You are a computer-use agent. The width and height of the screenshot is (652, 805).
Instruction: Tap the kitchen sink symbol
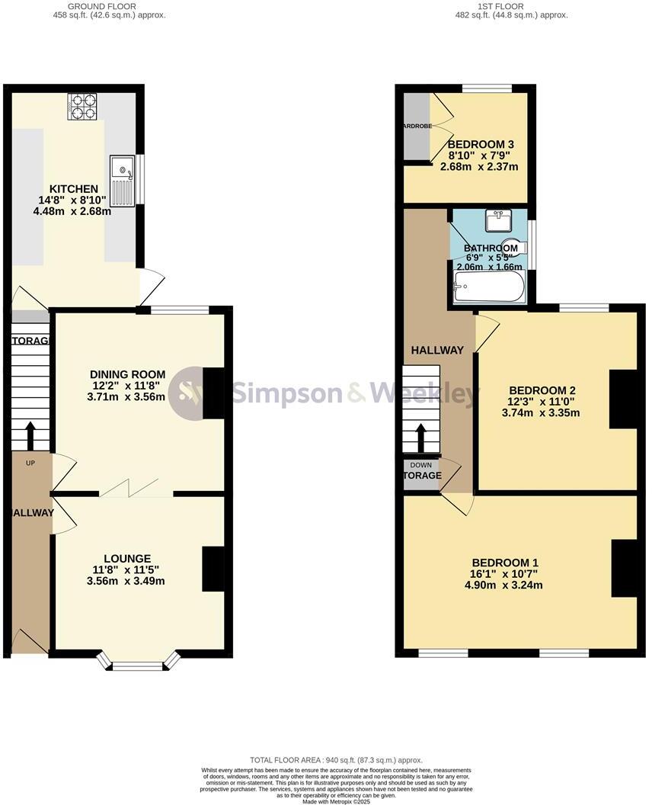122,181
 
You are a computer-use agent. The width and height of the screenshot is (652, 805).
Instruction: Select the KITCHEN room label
74,189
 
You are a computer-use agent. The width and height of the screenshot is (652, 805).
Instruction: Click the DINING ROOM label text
128,374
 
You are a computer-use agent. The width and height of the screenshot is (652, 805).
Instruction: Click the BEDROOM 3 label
481,144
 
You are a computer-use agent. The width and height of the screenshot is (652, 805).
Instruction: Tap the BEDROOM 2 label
542,390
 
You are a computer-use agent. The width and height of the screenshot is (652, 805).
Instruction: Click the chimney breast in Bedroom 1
625,569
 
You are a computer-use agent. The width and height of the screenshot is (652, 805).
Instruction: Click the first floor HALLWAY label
437,350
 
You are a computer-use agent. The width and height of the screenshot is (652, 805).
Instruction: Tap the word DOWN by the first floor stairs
420,465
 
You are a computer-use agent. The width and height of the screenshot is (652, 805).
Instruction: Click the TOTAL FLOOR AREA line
336,760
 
